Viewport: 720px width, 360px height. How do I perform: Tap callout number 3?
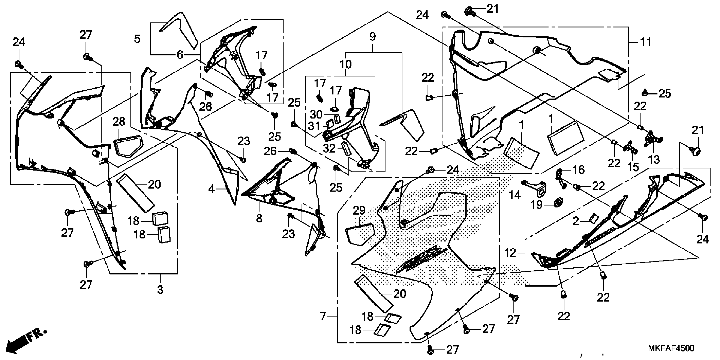160,289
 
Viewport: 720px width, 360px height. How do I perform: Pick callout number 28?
119,122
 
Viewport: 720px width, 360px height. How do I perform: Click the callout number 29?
359,210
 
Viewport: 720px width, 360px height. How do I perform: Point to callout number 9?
372,37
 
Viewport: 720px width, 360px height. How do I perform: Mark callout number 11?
646,42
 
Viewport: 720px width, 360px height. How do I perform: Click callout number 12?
510,253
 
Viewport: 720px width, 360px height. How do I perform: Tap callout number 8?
259,218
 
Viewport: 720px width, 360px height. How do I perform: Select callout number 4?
211,189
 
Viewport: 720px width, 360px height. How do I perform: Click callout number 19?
536,205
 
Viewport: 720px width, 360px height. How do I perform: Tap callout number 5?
137,39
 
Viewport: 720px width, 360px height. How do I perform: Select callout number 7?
323,316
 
